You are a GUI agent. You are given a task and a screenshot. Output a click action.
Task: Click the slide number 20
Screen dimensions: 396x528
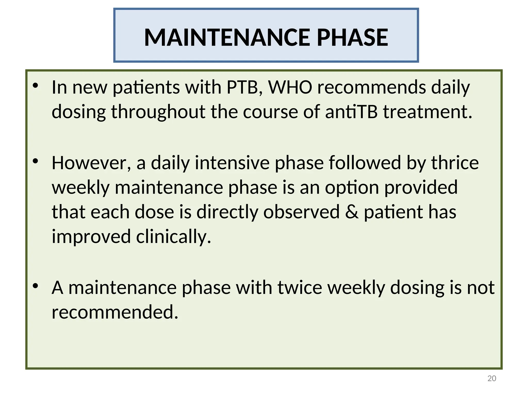(x=492, y=378)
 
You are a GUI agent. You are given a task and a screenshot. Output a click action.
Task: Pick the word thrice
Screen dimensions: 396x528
(x=455, y=163)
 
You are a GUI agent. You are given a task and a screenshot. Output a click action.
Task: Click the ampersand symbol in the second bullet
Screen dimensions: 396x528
(x=351, y=212)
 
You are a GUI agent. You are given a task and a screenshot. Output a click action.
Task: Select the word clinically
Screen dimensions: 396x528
(x=173, y=237)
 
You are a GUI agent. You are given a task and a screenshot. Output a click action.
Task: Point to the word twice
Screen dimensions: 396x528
(x=300, y=287)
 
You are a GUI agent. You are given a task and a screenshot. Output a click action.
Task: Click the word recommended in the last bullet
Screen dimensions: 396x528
(x=115, y=312)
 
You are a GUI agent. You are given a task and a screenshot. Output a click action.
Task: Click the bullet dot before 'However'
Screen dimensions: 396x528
(x=36, y=161)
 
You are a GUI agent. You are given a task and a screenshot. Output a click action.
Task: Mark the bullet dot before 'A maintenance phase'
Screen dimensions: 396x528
(x=36, y=286)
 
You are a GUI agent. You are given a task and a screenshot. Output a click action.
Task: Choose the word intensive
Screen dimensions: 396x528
(x=232, y=163)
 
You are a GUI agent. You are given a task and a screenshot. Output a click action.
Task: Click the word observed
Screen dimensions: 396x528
(x=301, y=212)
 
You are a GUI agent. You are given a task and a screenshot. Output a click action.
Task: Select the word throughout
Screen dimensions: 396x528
(x=158, y=112)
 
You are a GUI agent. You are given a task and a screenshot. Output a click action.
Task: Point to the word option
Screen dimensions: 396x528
(x=352, y=187)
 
